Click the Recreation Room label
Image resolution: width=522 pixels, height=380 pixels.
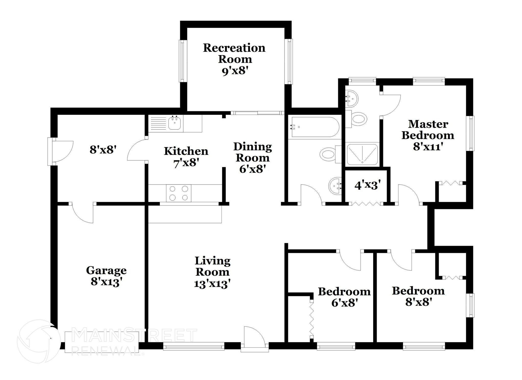234,54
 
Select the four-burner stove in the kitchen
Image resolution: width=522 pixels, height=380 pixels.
179,193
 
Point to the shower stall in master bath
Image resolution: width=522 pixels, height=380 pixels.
362,154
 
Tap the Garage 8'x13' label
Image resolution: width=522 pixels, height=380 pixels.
106,276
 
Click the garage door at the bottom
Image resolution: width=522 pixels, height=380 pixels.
101,342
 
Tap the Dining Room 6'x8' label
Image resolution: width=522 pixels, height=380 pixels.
253,158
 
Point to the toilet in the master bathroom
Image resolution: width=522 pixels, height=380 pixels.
358,119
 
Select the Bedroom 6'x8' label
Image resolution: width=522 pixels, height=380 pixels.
344,297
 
